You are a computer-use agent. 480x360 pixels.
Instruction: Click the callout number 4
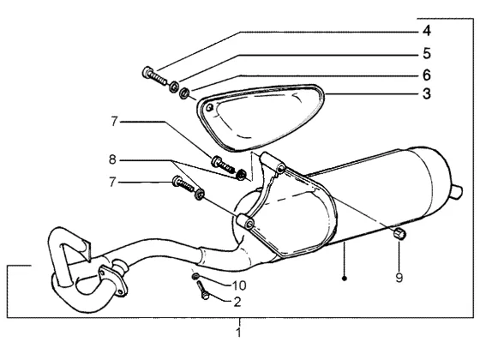click(427, 31)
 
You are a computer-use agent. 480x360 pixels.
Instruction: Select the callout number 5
click(427, 53)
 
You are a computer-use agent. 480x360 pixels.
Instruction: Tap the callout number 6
click(427, 75)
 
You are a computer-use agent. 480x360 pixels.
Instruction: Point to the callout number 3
click(427, 93)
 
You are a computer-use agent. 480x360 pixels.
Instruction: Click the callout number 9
click(399, 278)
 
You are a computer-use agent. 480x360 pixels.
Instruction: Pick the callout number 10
click(239, 285)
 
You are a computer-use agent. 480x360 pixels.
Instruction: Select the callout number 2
click(237, 302)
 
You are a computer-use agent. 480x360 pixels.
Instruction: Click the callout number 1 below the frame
click(239, 333)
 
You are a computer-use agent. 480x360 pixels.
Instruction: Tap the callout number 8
click(112, 159)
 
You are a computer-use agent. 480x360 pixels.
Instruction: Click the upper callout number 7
click(114, 122)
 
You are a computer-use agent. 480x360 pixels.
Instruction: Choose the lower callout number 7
click(112, 183)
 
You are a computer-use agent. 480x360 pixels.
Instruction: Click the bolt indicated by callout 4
click(154, 76)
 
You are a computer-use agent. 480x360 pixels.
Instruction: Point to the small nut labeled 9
click(399, 234)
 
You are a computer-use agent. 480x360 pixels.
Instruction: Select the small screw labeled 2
click(202, 291)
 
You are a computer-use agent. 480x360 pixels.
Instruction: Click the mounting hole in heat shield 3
click(210, 107)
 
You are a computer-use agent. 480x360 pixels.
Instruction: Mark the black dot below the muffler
click(344, 279)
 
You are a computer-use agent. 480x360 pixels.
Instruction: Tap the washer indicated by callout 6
click(184, 93)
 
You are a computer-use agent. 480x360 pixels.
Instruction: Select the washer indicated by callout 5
click(174, 87)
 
